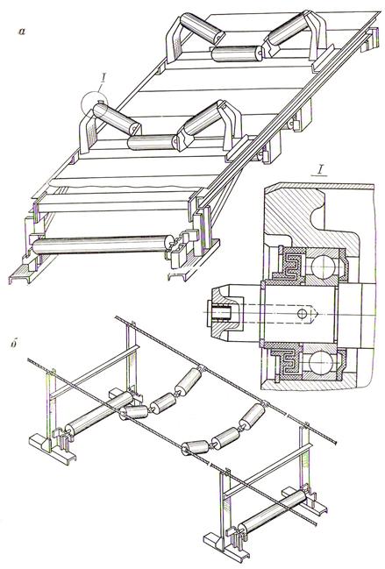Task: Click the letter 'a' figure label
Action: click(x=22, y=32)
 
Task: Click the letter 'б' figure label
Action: click(x=15, y=344)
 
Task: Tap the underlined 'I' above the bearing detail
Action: click(x=319, y=170)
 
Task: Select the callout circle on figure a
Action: click(x=94, y=105)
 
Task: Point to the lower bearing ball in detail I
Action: click(x=321, y=361)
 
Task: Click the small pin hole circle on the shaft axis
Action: click(x=302, y=313)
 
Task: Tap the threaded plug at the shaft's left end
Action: click(x=218, y=313)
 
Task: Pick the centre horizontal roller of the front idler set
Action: click(x=153, y=142)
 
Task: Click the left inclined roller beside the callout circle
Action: click(x=117, y=118)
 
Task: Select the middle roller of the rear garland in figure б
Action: click(x=164, y=402)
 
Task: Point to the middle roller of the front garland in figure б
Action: click(x=225, y=438)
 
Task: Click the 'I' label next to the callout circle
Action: click(x=103, y=78)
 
